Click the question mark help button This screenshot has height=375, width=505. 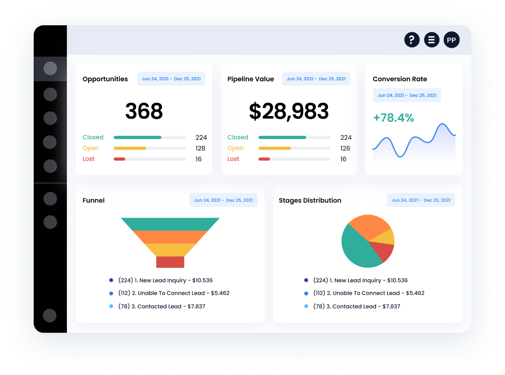pos(412,40)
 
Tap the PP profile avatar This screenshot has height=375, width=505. pos(451,40)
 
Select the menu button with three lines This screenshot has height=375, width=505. pos(431,40)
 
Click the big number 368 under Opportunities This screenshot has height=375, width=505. pos(144,111)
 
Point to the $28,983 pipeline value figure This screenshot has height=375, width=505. pos(288,111)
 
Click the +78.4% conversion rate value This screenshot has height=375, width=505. pos(393,118)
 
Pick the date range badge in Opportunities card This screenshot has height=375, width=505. pos(171,79)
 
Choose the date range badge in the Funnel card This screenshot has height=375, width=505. pos(223,200)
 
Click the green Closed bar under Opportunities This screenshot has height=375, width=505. pos(137,137)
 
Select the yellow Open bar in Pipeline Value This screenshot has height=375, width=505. pos(275,148)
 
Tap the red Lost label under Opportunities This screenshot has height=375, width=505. pos(89,159)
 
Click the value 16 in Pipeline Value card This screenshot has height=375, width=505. pos(343,159)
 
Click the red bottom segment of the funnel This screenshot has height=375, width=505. pos(170,262)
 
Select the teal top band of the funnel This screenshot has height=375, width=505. pos(170,224)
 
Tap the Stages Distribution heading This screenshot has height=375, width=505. pos(310,200)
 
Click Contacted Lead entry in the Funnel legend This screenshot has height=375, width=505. pos(162,306)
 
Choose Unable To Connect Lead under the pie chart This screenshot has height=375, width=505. pos(369,293)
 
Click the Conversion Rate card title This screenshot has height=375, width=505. pos(400,79)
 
